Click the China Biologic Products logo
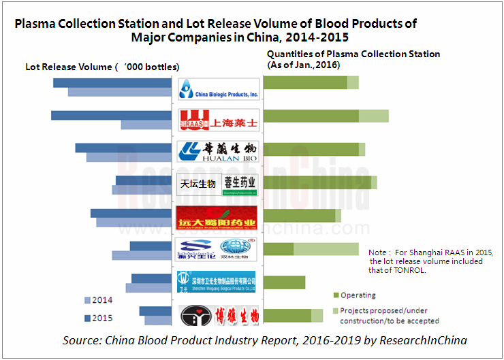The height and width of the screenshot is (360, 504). point(218,88)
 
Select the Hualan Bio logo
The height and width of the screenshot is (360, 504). point(218,150)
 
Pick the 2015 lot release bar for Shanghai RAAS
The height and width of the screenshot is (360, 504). point(110,116)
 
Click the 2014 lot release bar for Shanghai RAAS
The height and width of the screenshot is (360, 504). point(145,125)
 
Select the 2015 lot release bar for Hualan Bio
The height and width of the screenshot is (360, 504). point(123,148)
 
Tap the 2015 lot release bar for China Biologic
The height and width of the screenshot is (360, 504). point(112,83)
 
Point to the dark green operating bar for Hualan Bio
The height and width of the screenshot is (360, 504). point(311,148)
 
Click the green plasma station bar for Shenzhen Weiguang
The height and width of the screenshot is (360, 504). point(284,282)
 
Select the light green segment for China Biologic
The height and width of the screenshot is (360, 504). point(353,83)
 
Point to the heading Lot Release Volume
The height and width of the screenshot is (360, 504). point(67,67)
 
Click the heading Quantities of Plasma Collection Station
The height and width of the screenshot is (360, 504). point(353,54)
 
